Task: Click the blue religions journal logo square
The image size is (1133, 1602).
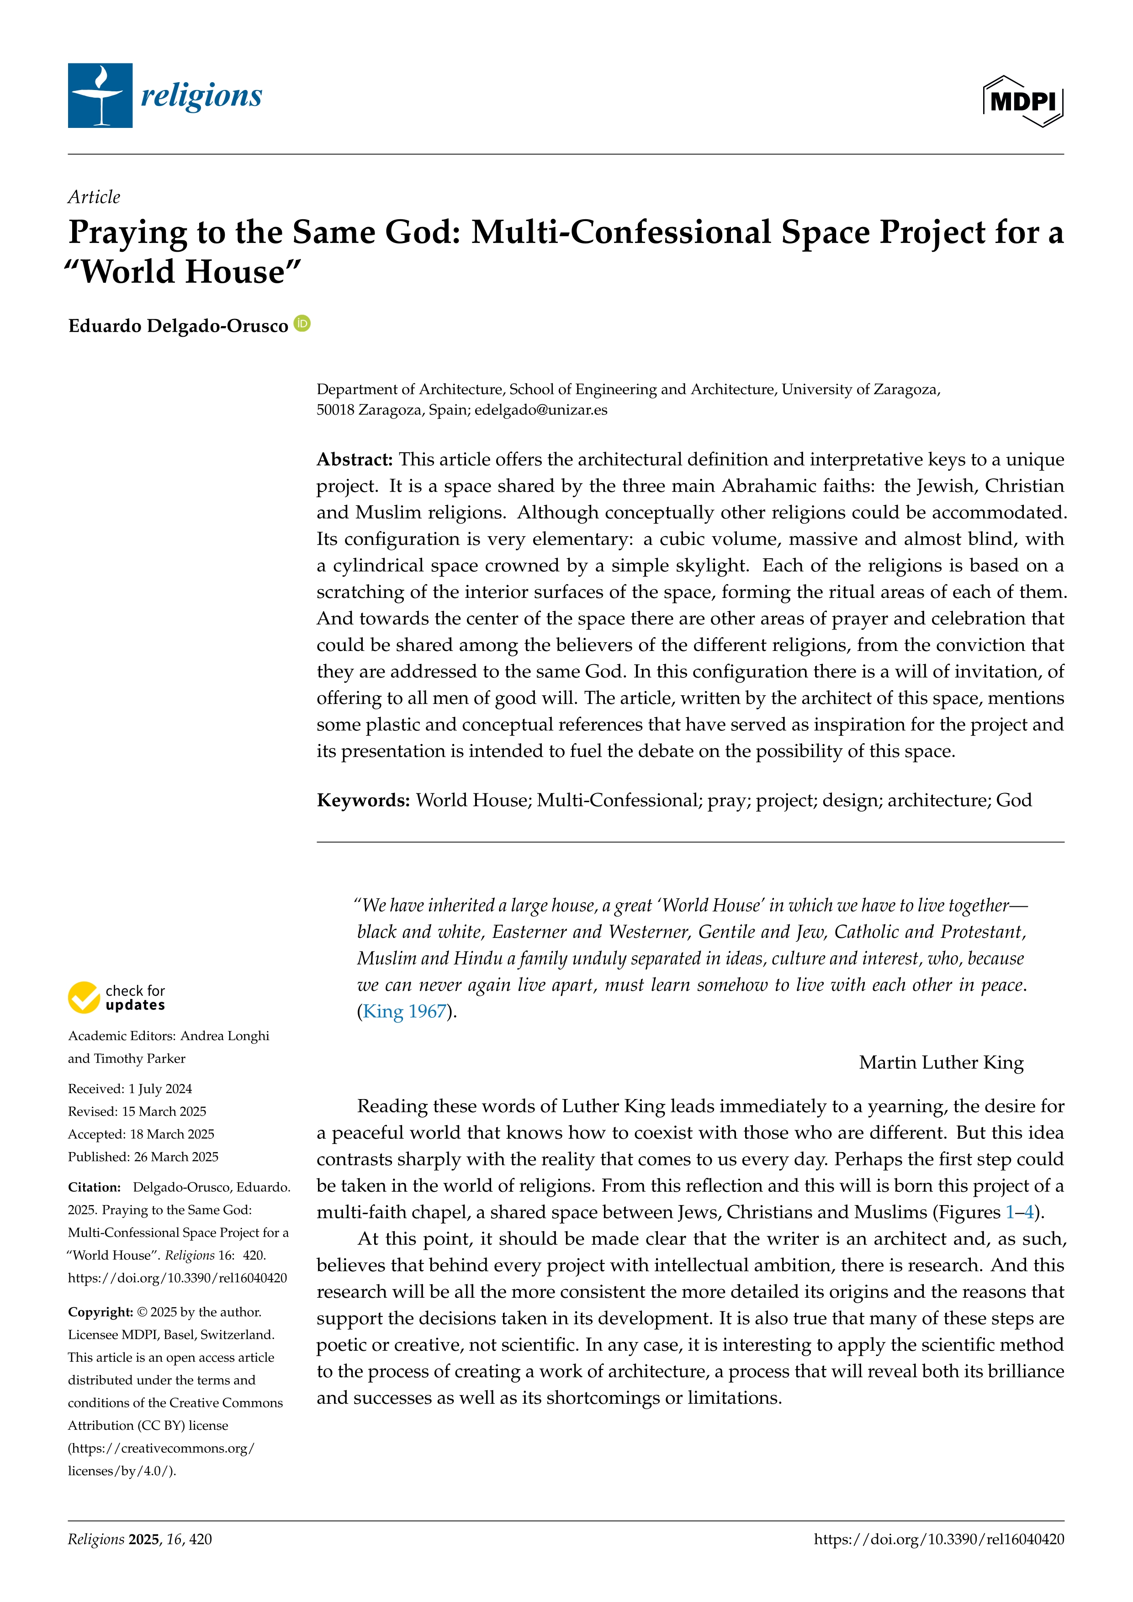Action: click(x=100, y=95)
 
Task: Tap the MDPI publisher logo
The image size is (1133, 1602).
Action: click(x=1023, y=101)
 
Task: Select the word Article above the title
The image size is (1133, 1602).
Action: click(x=94, y=197)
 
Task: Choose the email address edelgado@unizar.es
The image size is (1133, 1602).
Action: click(x=540, y=410)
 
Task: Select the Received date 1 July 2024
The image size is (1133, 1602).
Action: click(x=160, y=1089)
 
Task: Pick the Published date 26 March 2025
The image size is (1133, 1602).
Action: click(x=176, y=1156)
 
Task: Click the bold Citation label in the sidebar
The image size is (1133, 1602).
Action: click(x=94, y=1187)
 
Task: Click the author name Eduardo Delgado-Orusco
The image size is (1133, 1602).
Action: click(x=178, y=326)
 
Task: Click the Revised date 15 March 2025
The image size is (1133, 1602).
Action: click(x=164, y=1111)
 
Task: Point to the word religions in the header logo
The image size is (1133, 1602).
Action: click(x=201, y=95)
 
